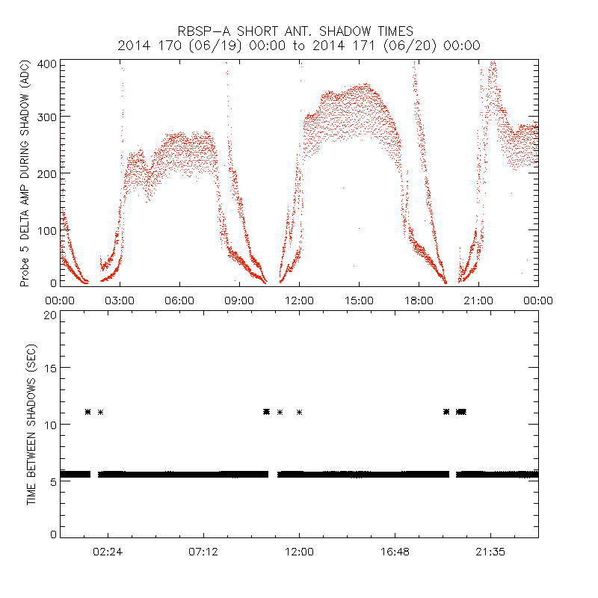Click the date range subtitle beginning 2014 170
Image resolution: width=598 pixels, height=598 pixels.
[299, 46]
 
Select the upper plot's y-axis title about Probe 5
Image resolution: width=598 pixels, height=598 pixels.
[25, 173]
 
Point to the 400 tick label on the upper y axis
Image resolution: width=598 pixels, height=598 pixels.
[47, 64]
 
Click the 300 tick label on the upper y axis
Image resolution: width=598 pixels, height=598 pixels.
[47, 117]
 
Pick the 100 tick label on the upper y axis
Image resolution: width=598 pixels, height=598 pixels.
[47, 229]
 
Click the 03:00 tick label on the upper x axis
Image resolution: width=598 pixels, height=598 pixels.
[120, 300]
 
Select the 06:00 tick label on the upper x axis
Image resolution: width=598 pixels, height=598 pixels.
[179, 300]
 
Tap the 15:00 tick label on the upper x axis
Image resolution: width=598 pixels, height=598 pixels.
[359, 300]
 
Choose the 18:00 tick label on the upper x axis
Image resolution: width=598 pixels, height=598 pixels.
[419, 300]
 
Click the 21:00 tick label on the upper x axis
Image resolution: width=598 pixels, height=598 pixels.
[478, 300]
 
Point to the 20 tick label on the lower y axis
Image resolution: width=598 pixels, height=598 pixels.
[50, 315]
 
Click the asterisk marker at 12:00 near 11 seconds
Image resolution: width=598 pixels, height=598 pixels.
[300, 412]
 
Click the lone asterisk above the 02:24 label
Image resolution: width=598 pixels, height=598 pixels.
[100, 412]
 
